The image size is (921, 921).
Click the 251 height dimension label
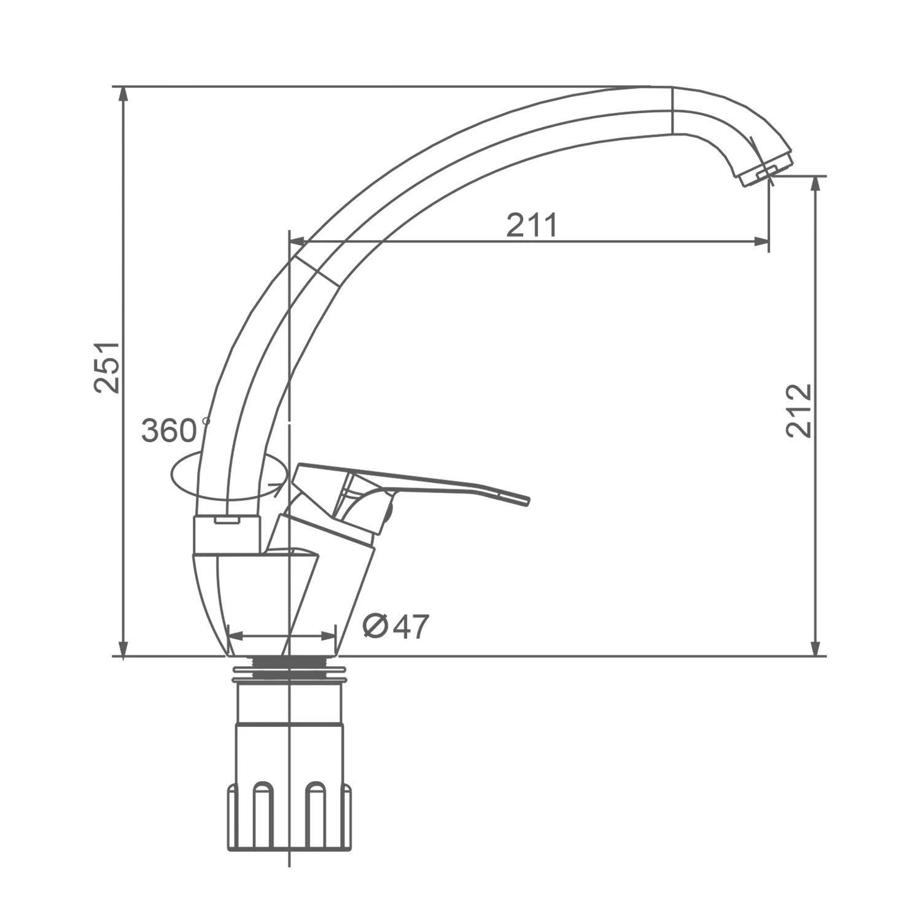coord(108,367)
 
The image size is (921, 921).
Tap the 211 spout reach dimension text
coord(532,225)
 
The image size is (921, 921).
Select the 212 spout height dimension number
coord(799,410)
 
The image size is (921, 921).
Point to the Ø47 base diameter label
coord(396,626)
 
